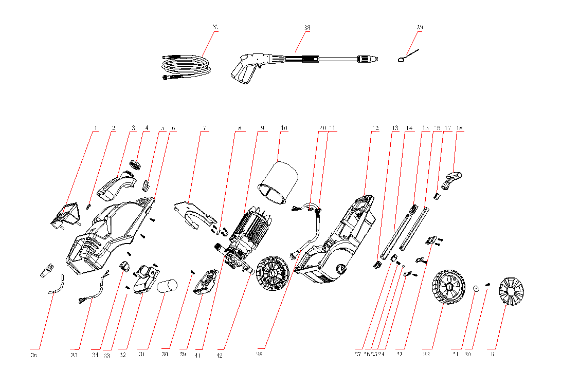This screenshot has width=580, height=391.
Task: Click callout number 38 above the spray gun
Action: (307, 27)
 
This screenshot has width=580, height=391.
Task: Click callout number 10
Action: (284, 127)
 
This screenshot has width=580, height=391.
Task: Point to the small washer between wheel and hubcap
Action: (476, 289)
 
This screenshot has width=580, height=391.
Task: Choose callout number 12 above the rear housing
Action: (375, 127)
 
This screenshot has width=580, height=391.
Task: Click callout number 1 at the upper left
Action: (95, 127)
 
